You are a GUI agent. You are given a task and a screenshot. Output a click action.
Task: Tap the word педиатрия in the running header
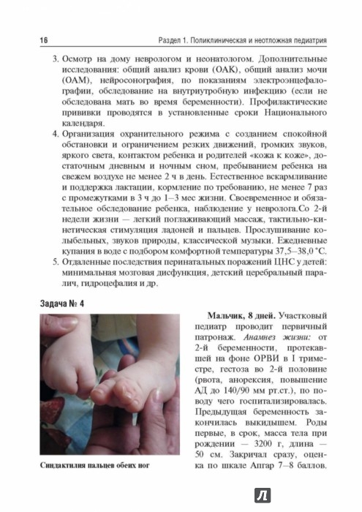(324, 37)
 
